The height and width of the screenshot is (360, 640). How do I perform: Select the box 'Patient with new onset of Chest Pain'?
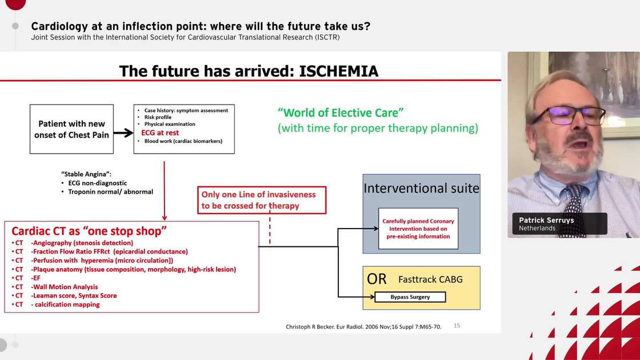(72, 129)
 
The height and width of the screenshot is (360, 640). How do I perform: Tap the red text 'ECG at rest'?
(160, 133)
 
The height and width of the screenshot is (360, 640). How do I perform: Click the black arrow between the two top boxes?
(123, 133)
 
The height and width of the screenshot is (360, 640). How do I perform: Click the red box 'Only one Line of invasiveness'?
(262, 200)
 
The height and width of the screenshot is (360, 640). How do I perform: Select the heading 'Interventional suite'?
(421, 189)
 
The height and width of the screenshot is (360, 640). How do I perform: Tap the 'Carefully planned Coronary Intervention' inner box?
(418, 229)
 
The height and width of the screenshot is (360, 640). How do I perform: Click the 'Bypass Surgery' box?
(410, 297)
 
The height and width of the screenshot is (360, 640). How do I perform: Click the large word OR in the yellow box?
(377, 279)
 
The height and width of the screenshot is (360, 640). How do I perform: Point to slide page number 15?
(457, 326)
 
